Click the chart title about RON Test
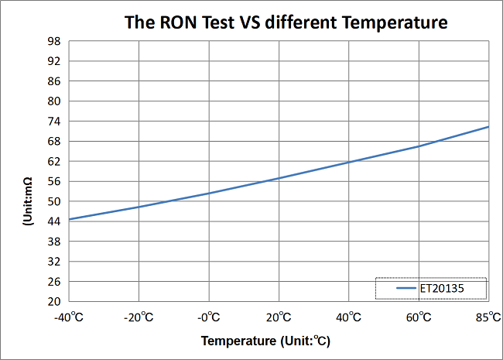[x=286, y=22]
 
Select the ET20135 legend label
[x=442, y=288]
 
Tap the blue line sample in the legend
[x=407, y=288]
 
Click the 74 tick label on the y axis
[x=54, y=122]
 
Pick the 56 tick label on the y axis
[x=54, y=182]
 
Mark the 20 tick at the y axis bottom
[x=54, y=302]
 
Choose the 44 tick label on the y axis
[x=54, y=222]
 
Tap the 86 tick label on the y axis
[x=54, y=81]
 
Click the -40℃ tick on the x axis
[x=68, y=317]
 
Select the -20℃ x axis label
[x=139, y=317]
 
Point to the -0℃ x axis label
[x=208, y=317]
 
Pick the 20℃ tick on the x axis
[x=279, y=317]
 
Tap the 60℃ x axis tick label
[x=419, y=317]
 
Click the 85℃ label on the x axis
[x=488, y=317]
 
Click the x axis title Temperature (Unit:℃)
[x=266, y=341]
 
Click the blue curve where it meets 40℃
[x=349, y=162]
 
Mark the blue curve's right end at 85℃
[x=488, y=127]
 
